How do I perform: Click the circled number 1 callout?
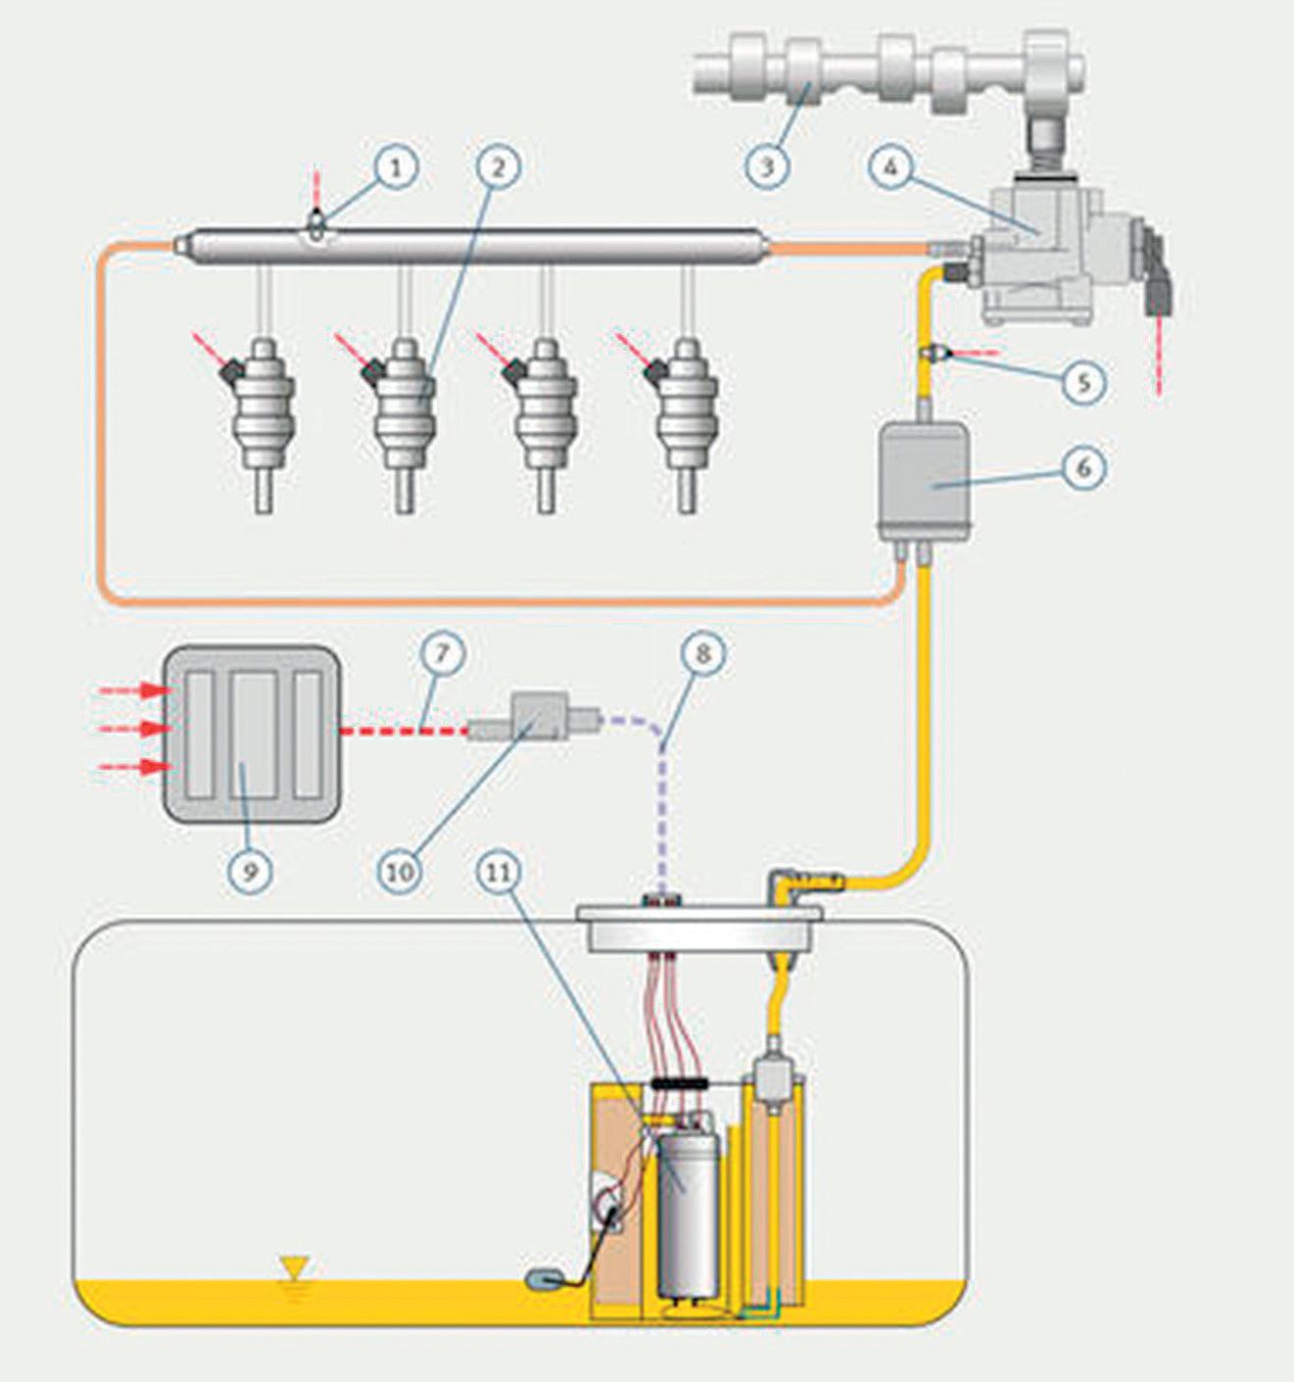point(396,167)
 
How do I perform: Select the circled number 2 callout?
point(499,167)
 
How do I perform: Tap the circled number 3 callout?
point(767,167)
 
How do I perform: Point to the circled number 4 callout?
point(890,167)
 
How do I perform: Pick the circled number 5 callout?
point(1083,382)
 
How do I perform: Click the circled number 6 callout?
point(1083,467)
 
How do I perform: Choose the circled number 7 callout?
point(442,652)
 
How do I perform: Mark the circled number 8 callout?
point(702,653)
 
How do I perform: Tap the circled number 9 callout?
point(250,871)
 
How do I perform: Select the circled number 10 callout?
point(400,871)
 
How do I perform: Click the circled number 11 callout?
point(499,871)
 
